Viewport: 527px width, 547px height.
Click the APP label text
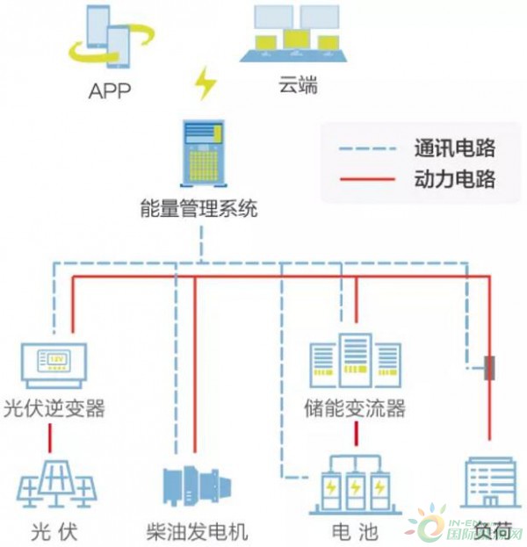pos(110,91)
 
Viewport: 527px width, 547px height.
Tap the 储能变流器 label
pos(357,409)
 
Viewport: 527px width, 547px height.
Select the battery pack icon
pos(357,486)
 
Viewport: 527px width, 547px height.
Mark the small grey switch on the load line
pos(489,367)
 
